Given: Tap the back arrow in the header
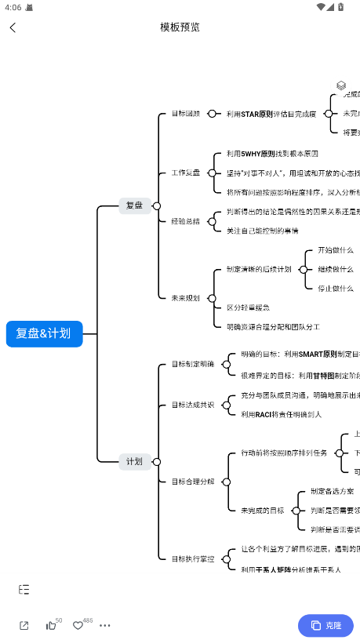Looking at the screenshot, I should point(13,27).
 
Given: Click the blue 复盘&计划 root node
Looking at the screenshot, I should point(44,333).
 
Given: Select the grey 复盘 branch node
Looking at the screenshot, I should point(134,205).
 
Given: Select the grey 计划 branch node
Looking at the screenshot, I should point(134,461).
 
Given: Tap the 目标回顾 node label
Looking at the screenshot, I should point(186,114).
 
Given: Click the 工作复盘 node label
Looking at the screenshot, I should point(186,173).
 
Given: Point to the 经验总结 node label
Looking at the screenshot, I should point(186,221).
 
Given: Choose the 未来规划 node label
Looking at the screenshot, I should point(186,298).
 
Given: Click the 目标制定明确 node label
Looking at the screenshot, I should point(193,364).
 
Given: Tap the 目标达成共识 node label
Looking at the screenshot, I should point(193,405).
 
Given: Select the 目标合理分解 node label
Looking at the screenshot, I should point(193,481).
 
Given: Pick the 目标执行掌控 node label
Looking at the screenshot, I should point(193,558).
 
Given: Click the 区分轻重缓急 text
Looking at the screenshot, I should point(248,307).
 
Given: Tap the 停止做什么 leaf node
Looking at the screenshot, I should point(335,288).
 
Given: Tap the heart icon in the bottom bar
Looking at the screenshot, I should point(78,625).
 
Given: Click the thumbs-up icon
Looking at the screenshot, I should point(50,625).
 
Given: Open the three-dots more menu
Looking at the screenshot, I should point(105,625).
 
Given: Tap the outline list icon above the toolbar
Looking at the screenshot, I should point(24,589).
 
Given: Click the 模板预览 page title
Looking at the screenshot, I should point(180,27).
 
